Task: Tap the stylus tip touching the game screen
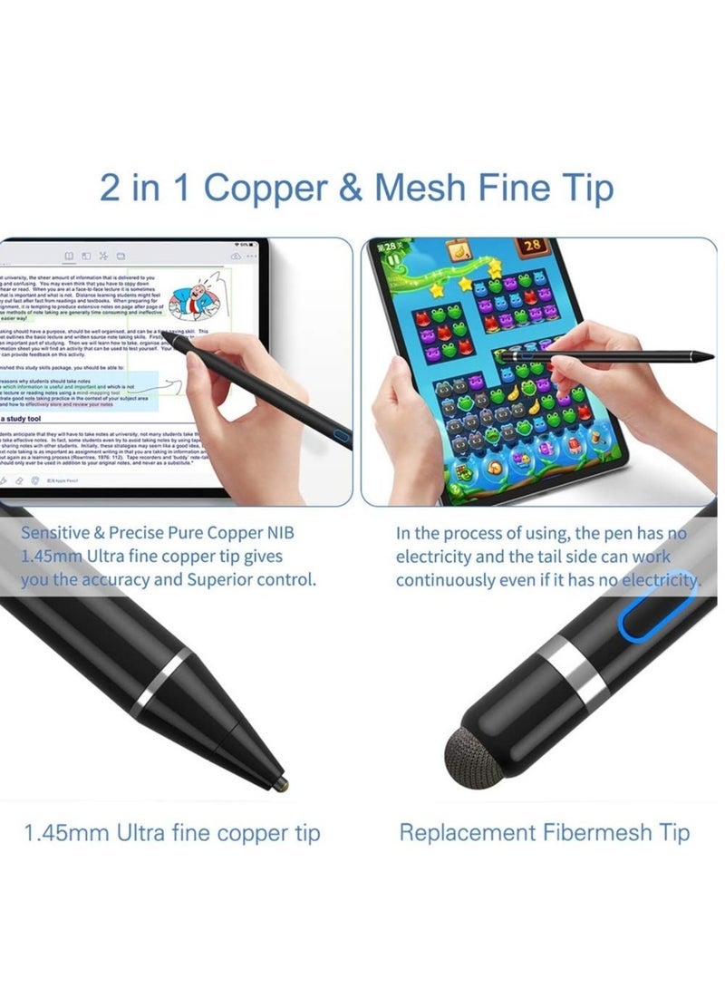[501, 360]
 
